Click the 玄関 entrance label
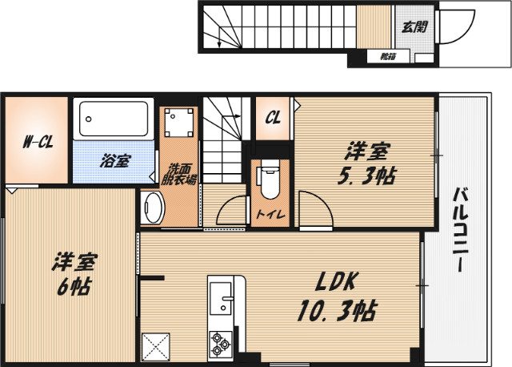pyautogui.click(x=413, y=26)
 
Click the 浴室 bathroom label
pyautogui.click(x=114, y=160)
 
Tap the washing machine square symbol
pyautogui.click(x=178, y=123)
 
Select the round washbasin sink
pyautogui.click(x=151, y=209)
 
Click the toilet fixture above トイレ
pyautogui.click(x=268, y=180)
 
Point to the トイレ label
pyautogui.click(x=268, y=215)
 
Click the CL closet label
pyautogui.click(x=273, y=118)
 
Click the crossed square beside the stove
pyautogui.click(x=156, y=346)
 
